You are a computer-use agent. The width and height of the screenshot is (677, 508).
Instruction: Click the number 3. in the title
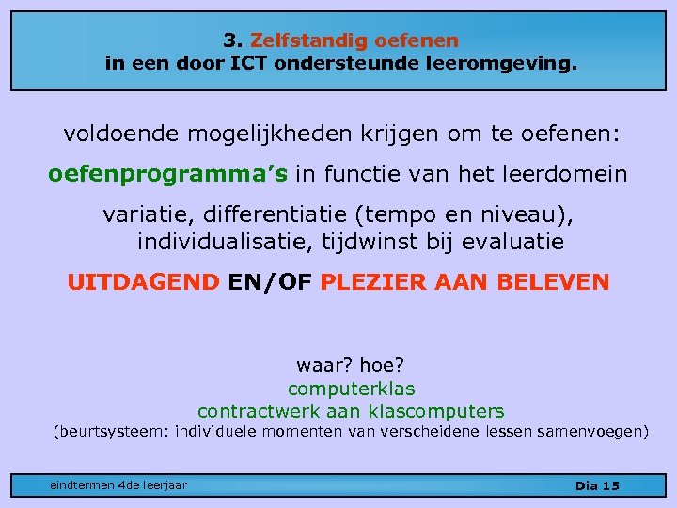pos(233,40)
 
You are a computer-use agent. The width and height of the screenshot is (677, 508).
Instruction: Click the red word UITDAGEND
pos(143,282)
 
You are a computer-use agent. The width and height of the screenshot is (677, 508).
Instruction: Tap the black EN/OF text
pos(270,282)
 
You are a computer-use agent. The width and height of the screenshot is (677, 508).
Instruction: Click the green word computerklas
pos(351,389)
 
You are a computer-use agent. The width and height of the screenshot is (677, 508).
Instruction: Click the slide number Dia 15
pos(597,485)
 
